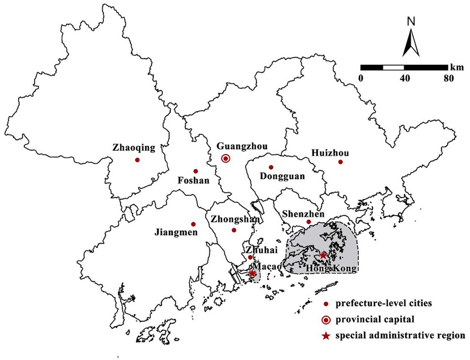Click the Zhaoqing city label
click(x=134, y=148)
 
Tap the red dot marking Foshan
click(x=195, y=171)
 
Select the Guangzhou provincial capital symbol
click(x=225, y=158)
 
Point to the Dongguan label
click(x=282, y=176)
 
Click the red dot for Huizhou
click(x=340, y=162)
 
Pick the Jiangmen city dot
click(x=193, y=224)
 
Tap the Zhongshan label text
click(x=235, y=219)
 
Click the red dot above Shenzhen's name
click(x=309, y=222)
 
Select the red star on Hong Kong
click(x=323, y=255)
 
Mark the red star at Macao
click(x=252, y=274)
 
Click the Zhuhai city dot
click(x=250, y=257)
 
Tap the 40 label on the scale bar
click(x=405, y=77)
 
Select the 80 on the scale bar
click(x=448, y=77)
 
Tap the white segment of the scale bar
click(x=393, y=67)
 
